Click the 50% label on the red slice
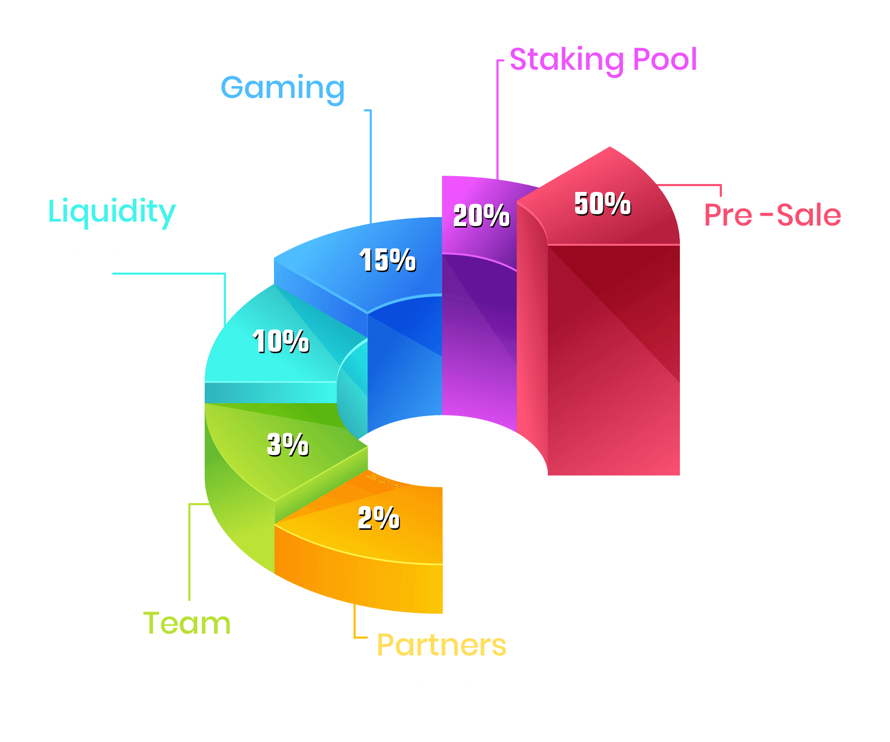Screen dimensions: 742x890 click(x=602, y=203)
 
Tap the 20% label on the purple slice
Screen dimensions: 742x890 click(x=481, y=216)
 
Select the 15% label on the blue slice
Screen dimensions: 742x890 click(x=387, y=260)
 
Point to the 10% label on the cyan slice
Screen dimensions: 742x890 click(x=281, y=341)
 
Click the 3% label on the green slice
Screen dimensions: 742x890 click(x=288, y=444)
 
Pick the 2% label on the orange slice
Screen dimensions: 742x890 click(x=379, y=518)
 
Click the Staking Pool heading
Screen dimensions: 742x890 click(x=603, y=59)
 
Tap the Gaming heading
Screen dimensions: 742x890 click(x=282, y=88)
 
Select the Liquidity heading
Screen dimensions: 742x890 click(x=112, y=212)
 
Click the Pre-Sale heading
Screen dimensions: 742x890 click(x=772, y=215)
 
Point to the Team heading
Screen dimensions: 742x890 click(x=187, y=623)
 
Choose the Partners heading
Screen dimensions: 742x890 click(x=442, y=645)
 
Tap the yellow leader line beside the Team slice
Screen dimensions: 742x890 click(x=189, y=549)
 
